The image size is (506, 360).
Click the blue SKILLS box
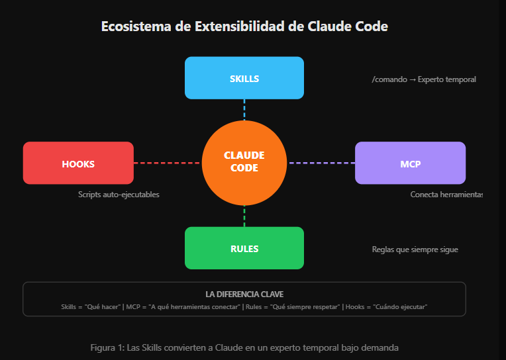(244, 78)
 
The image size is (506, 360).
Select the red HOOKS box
(78, 163)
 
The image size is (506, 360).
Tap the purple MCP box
(410, 163)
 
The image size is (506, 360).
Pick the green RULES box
(244, 248)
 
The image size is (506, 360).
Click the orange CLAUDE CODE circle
(244, 163)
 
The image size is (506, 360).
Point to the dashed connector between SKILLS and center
(244, 109)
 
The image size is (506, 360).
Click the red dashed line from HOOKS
(167, 163)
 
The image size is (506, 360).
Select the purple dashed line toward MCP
(321, 163)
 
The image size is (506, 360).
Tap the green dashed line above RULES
(244, 216)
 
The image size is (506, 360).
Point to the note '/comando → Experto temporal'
(424, 79)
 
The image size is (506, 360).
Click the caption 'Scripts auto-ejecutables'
(119, 195)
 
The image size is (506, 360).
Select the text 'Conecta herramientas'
(446, 195)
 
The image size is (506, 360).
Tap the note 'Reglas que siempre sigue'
(415, 249)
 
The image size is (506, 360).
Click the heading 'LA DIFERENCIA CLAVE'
(244, 294)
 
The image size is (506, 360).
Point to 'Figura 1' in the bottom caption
(105, 347)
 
